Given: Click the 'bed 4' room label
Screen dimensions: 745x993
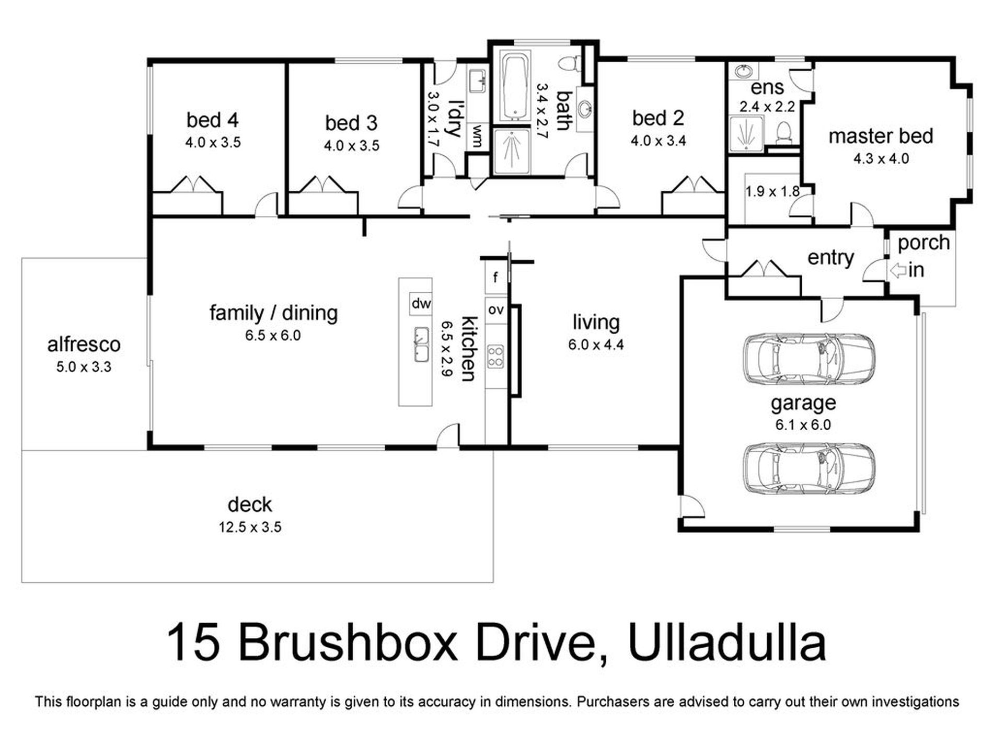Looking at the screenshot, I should (x=212, y=120).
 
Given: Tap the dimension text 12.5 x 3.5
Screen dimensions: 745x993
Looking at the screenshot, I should (x=250, y=527).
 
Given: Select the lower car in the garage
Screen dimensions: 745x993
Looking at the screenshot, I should (x=809, y=468).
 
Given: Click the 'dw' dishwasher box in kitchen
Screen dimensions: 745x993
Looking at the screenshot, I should (x=421, y=304).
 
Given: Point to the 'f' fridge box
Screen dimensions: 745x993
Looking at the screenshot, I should (x=495, y=277).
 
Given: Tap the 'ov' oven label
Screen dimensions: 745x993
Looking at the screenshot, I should (x=496, y=310).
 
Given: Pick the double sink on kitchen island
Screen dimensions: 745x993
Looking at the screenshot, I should (x=421, y=345).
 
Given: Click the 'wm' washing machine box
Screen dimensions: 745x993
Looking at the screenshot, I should (x=477, y=136).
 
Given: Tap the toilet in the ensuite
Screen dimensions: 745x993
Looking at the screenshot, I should (x=783, y=132).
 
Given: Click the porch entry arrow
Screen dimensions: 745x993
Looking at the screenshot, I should (x=898, y=271).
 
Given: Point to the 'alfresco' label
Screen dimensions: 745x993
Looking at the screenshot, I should (x=84, y=345).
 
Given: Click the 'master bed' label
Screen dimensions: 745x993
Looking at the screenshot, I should (x=881, y=136).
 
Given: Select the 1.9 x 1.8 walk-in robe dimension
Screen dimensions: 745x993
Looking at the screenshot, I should (x=772, y=191).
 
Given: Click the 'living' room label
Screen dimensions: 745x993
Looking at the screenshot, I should (x=596, y=322).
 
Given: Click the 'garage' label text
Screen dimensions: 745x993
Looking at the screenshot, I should (x=803, y=403).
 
